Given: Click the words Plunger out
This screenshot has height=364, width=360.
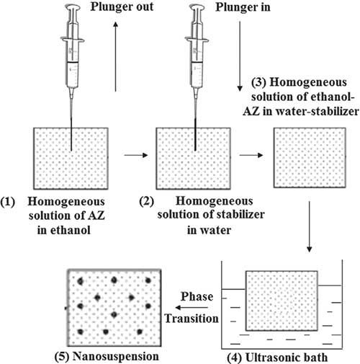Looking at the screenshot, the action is [122, 6].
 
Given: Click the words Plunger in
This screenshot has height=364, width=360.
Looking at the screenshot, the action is [243, 7].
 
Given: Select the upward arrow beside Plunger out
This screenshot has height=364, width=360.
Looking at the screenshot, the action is [116, 56].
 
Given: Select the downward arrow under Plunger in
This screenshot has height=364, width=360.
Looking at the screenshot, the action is [240, 56].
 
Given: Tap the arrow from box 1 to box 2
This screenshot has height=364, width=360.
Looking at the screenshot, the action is [136, 155].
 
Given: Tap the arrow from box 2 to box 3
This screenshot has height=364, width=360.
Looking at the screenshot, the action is [251, 155].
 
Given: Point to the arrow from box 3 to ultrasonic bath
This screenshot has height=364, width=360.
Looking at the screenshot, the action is [310, 227].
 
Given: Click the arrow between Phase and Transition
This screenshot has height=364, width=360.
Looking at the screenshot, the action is [192, 308].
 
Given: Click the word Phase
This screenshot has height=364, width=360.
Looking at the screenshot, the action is [197, 297].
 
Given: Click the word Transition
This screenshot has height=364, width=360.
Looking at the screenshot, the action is [192, 319].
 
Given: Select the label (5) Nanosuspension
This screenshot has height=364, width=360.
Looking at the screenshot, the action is [107, 357].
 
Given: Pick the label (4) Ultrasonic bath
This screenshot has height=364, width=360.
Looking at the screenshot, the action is [277, 358].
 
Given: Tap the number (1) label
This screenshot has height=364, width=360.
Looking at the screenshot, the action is [8, 202].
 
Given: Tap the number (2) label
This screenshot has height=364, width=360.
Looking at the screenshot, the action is [147, 201].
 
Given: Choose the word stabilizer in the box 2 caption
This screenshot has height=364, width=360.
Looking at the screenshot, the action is [239, 215].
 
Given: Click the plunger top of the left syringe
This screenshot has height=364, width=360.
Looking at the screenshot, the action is [73, 8].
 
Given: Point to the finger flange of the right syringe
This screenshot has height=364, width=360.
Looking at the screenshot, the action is [197, 40].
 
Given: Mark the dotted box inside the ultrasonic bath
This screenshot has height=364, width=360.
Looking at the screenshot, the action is [282, 301].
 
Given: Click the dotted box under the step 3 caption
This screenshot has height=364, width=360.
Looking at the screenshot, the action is [310, 158].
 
